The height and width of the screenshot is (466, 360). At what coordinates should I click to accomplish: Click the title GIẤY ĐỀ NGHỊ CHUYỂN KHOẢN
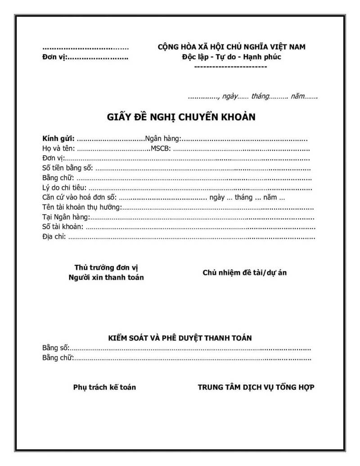[181, 118]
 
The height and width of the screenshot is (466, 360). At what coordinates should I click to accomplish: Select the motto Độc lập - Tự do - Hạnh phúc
[231, 57]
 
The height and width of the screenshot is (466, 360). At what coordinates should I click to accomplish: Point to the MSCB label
[161, 149]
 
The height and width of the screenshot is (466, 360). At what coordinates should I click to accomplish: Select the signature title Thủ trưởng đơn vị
[106, 267]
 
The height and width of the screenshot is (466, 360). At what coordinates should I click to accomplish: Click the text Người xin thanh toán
[106, 277]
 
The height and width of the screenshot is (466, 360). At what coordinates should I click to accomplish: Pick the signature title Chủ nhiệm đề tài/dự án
[244, 272]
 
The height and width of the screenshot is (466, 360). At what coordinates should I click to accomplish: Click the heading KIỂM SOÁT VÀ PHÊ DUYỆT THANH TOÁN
[180, 337]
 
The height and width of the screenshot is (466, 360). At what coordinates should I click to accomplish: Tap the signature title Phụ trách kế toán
[104, 387]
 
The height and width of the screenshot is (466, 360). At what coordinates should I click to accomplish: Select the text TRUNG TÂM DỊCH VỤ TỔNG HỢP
[256, 387]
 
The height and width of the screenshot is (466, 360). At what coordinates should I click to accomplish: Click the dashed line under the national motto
[230, 67]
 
